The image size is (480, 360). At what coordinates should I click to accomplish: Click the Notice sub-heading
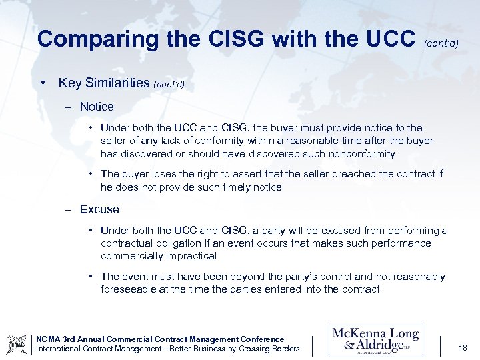pyautogui.click(x=97, y=107)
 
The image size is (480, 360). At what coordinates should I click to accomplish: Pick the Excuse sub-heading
pyautogui.click(x=99, y=209)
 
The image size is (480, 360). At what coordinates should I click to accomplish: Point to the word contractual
pyautogui.click(x=127, y=243)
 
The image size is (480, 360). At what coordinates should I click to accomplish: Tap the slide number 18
pyautogui.click(x=463, y=347)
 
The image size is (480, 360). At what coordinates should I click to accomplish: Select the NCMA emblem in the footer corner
pyautogui.click(x=17, y=345)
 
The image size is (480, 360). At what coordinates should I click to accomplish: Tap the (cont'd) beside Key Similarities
pyautogui.click(x=169, y=85)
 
